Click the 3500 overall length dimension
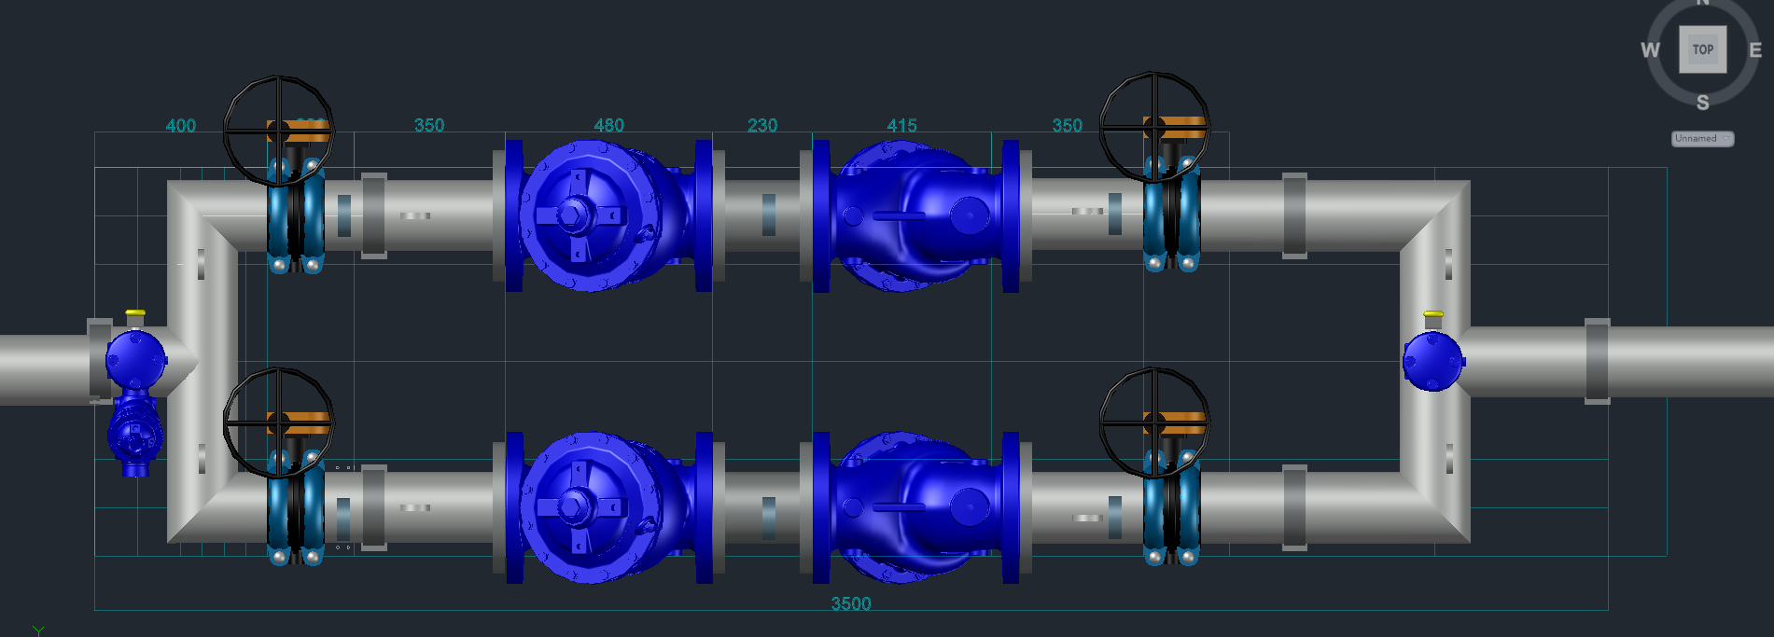pyautogui.click(x=851, y=603)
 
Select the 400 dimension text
pyautogui.click(x=181, y=126)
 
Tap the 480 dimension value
pyautogui.click(x=608, y=125)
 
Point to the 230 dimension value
pyautogui.click(x=762, y=125)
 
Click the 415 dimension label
pyautogui.click(x=901, y=125)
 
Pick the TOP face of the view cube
pyautogui.click(x=1703, y=49)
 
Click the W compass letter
pyautogui.click(x=1651, y=50)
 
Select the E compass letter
pyautogui.click(x=1755, y=50)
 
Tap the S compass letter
pyautogui.click(x=1703, y=103)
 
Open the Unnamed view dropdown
pyautogui.click(x=1702, y=138)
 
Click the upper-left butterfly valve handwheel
pyautogui.click(x=278, y=131)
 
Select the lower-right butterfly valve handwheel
pyautogui.click(x=1154, y=422)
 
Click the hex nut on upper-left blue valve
pyautogui.click(x=570, y=215)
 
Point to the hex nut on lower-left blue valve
pyautogui.click(x=570, y=507)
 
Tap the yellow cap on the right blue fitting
pyautogui.click(x=1433, y=314)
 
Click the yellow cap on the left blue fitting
pyautogui.click(x=135, y=312)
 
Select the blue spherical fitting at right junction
pyautogui.click(x=1432, y=361)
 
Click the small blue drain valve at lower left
pyautogui.click(x=134, y=435)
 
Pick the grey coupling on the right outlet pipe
pyautogui.click(x=1597, y=361)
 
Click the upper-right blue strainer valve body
pyautogui.click(x=919, y=215)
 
